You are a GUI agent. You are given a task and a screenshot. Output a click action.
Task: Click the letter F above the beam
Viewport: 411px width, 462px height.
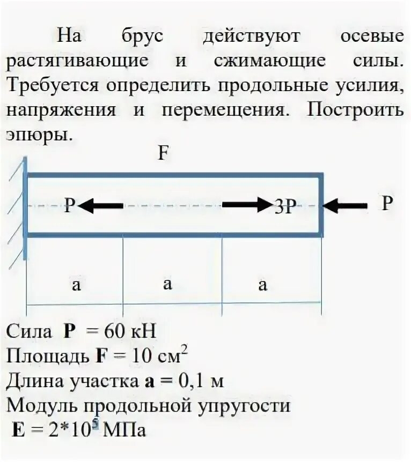pyautogui.click(x=163, y=154)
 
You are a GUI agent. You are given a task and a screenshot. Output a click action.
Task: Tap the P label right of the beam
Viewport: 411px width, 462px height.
pyautogui.click(x=387, y=203)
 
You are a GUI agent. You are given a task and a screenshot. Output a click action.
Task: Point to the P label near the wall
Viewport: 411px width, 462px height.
pyautogui.click(x=70, y=205)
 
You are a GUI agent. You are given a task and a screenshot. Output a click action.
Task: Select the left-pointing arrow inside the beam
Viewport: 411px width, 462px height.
pyautogui.click(x=101, y=205)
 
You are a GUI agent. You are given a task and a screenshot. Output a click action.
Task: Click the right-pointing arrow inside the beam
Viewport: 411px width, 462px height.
pyautogui.click(x=247, y=204)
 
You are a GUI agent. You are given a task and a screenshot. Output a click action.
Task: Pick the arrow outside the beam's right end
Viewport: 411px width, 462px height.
pyautogui.click(x=346, y=205)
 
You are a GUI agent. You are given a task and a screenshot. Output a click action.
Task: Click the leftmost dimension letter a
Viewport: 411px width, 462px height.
pyautogui.click(x=76, y=285)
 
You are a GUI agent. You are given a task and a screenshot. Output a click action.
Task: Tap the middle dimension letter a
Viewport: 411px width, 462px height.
pyautogui.click(x=168, y=284)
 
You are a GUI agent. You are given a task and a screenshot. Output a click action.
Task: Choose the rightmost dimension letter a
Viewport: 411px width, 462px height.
pyautogui.click(x=262, y=285)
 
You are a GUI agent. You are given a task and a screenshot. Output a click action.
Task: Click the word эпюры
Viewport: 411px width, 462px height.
pyautogui.click(x=38, y=135)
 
